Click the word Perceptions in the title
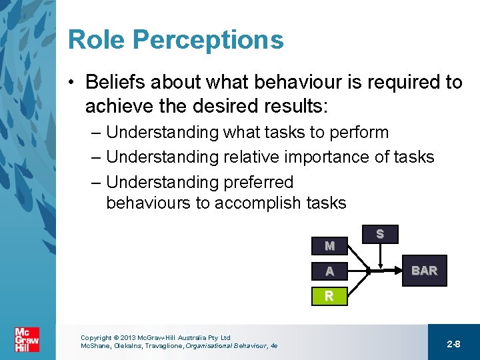(208, 41)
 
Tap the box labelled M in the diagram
(329, 246)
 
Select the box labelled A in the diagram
(329, 271)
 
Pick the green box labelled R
(329, 296)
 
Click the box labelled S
(379, 234)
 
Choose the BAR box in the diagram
(424, 271)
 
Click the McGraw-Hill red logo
(27, 340)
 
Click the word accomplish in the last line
(261, 203)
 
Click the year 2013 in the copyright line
(128, 338)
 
